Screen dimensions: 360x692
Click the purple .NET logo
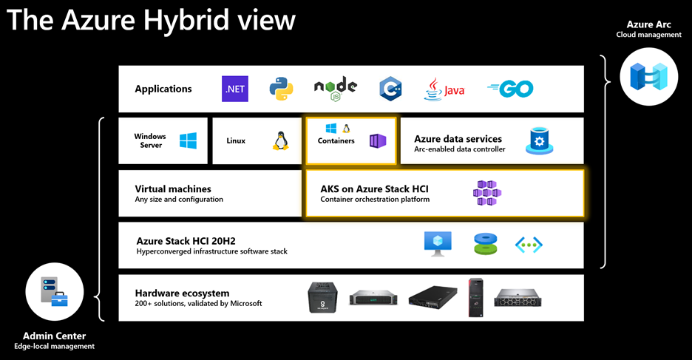pyautogui.click(x=235, y=89)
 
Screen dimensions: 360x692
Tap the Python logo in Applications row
pyautogui.click(x=281, y=89)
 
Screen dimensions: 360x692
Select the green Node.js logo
pyautogui.click(x=336, y=88)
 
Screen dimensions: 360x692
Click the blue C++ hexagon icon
pyautogui.click(x=390, y=89)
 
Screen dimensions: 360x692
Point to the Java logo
pyautogui.click(x=444, y=89)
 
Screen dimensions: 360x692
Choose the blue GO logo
pyautogui.click(x=510, y=89)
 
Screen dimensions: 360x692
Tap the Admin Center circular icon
pyautogui.click(x=55, y=294)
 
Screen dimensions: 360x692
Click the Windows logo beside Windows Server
pyautogui.click(x=188, y=141)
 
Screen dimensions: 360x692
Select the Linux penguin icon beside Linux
pyautogui.click(x=280, y=141)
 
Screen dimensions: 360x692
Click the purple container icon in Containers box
pyautogui.click(x=378, y=140)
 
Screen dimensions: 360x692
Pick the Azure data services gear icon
pyautogui.click(x=539, y=141)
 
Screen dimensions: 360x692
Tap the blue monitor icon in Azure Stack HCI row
pyautogui.click(x=436, y=244)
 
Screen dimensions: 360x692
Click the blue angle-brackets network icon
pyautogui.click(x=529, y=245)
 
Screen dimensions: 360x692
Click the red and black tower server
pyautogui.click(x=474, y=297)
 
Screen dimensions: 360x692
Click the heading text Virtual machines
pyautogui.click(x=173, y=189)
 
